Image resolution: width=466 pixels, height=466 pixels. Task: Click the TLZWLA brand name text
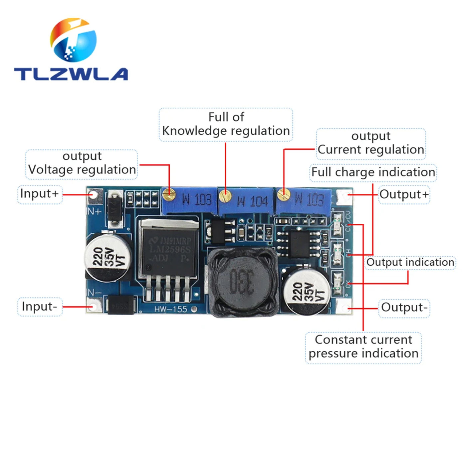coord(71,74)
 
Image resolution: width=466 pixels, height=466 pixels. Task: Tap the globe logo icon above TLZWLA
coord(74,40)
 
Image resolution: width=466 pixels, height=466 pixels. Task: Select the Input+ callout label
coord(40,194)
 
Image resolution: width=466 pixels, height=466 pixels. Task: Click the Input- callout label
coord(40,307)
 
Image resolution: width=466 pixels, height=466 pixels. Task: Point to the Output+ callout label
coord(404,194)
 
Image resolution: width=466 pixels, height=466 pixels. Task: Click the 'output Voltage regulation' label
coord(82,163)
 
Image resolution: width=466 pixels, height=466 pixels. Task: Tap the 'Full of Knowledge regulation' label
coord(226,124)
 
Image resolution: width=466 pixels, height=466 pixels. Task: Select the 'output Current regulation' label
coord(371,143)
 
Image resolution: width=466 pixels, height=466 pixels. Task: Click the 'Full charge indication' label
coord(373,172)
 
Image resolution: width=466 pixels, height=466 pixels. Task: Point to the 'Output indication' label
coord(410,262)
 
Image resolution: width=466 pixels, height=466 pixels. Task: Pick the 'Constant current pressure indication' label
coord(363,347)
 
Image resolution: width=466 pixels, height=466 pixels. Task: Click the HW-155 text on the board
coord(171,309)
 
